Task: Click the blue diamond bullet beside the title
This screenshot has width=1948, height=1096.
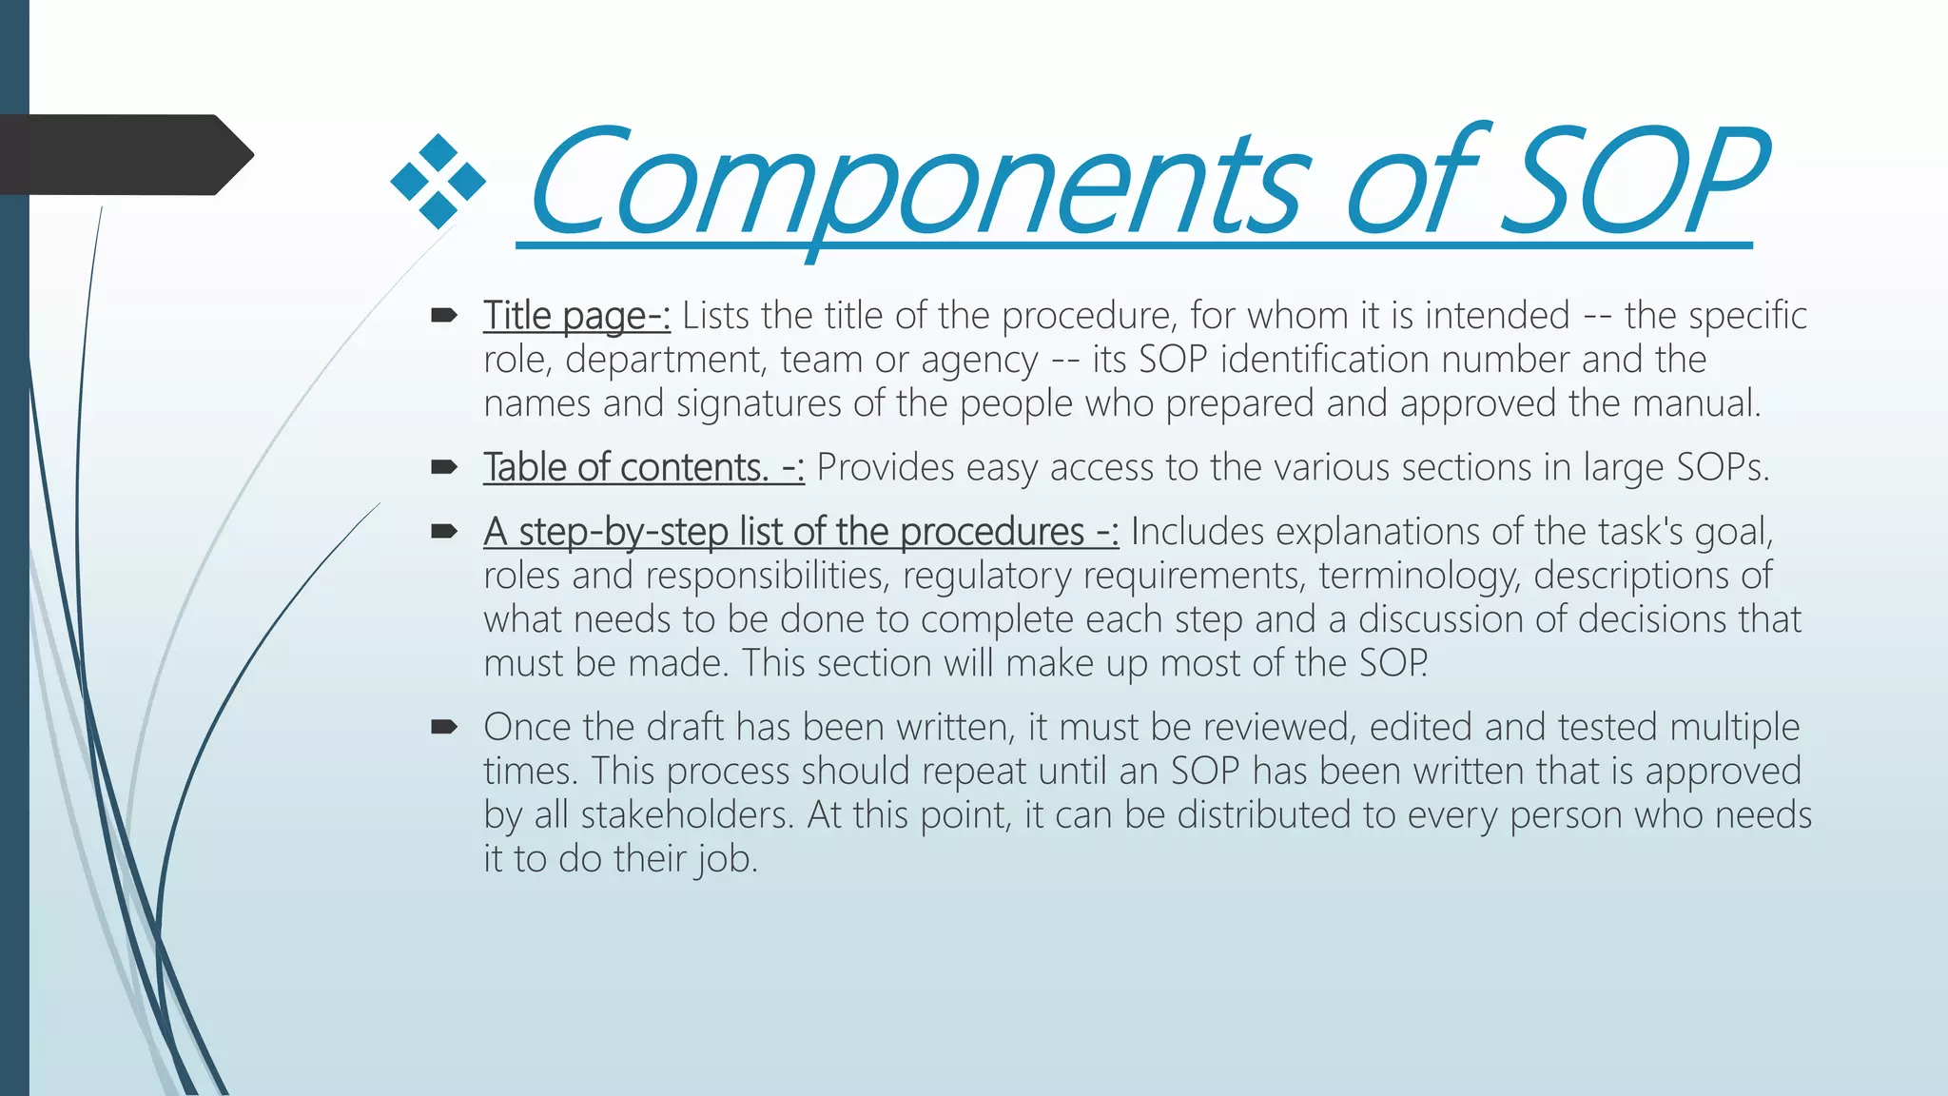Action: click(438, 182)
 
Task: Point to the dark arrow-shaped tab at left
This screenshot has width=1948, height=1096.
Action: click(124, 155)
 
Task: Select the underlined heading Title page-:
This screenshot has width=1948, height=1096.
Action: click(576, 316)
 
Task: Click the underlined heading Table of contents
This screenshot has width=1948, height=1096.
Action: click(643, 468)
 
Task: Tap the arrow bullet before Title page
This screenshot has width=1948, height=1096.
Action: click(444, 315)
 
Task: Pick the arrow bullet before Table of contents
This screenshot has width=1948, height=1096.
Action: click(444, 467)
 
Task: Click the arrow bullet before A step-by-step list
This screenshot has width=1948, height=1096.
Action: click(444, 531)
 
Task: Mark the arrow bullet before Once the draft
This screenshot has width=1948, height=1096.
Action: click(444, 728)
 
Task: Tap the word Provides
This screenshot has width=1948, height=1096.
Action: click(886, 468)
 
